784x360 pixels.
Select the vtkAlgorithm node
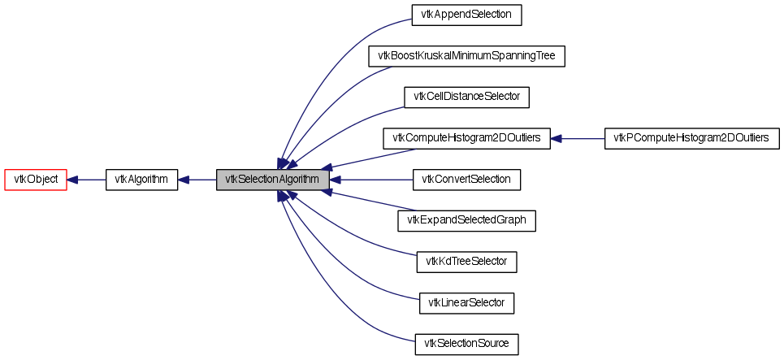click(141, 180)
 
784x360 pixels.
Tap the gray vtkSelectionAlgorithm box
click(272, 180)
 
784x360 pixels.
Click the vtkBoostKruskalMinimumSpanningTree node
click(466, 56)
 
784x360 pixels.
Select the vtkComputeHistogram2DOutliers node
click(466, 138)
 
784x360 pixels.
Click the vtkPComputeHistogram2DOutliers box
click(691, 138)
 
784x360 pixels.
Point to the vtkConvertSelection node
click(466, 180)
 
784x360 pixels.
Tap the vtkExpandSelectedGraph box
click(466, 220)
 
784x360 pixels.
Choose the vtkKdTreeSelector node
click(466, 262)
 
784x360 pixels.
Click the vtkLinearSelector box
click(466, 303)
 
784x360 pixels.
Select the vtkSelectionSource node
click(466, 344)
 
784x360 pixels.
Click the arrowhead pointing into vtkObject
click(71, 180)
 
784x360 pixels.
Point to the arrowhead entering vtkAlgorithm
click(183, 180)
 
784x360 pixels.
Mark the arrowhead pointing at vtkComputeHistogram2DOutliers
click(557, 138)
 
